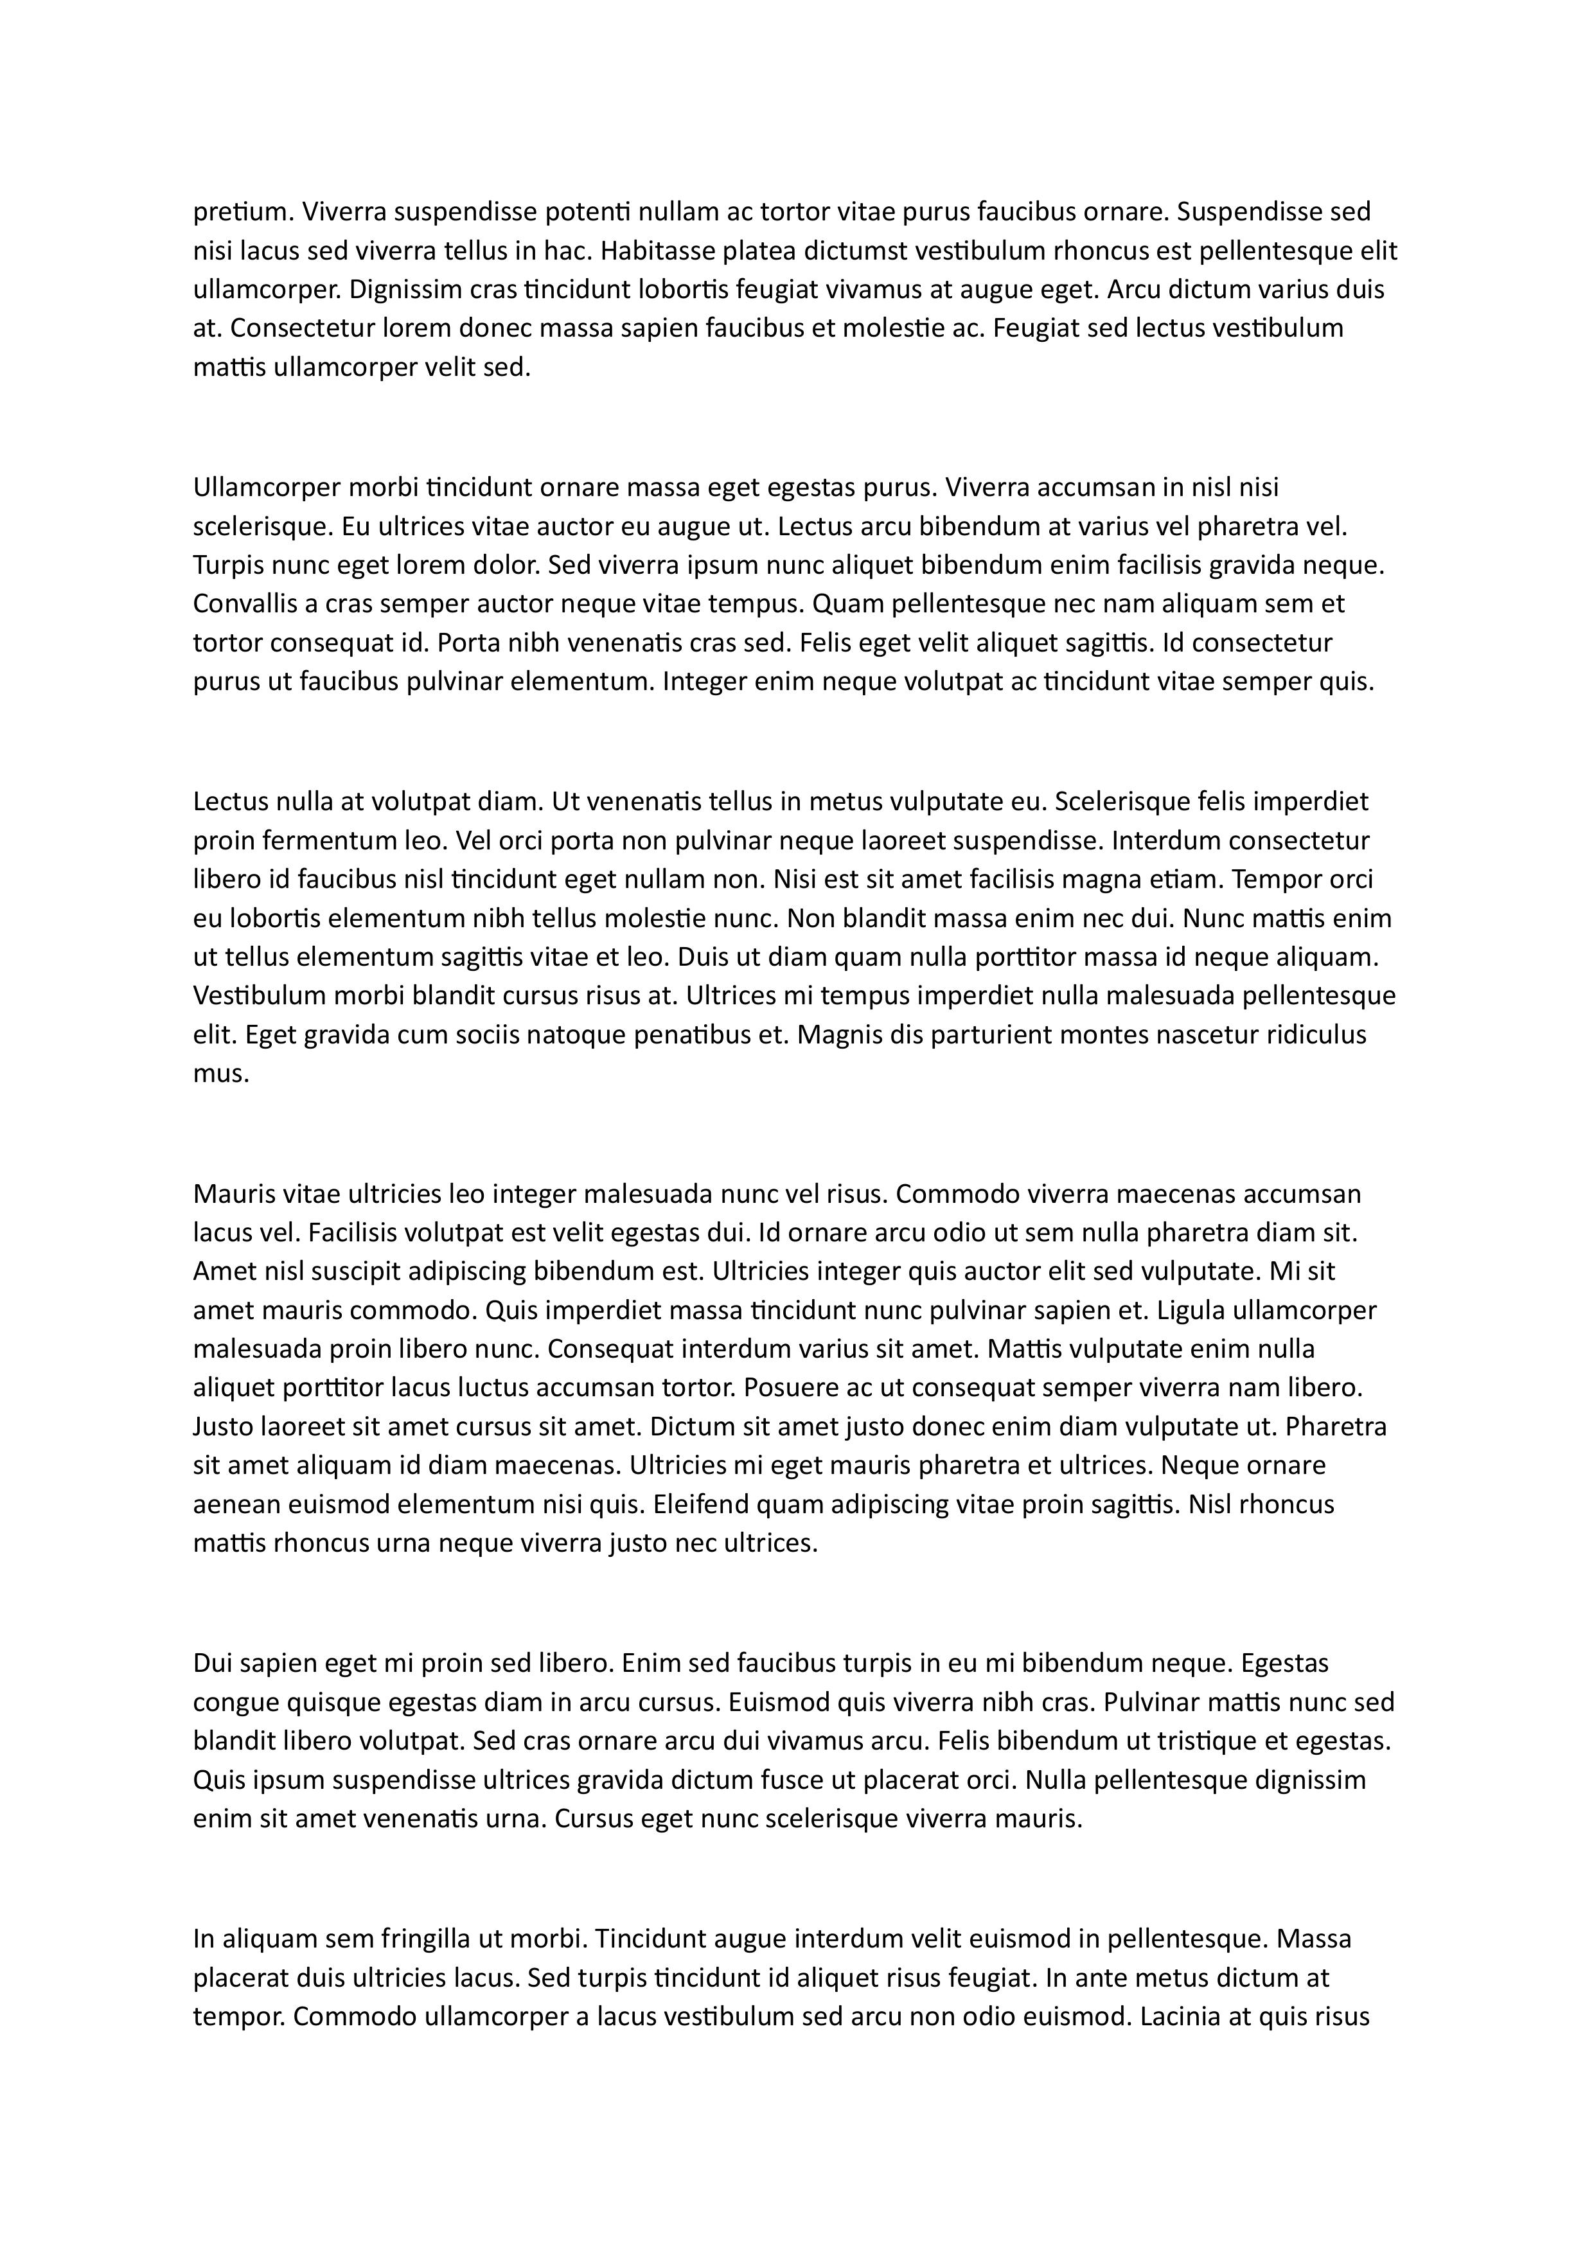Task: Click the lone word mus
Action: [x=221, y=1074]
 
